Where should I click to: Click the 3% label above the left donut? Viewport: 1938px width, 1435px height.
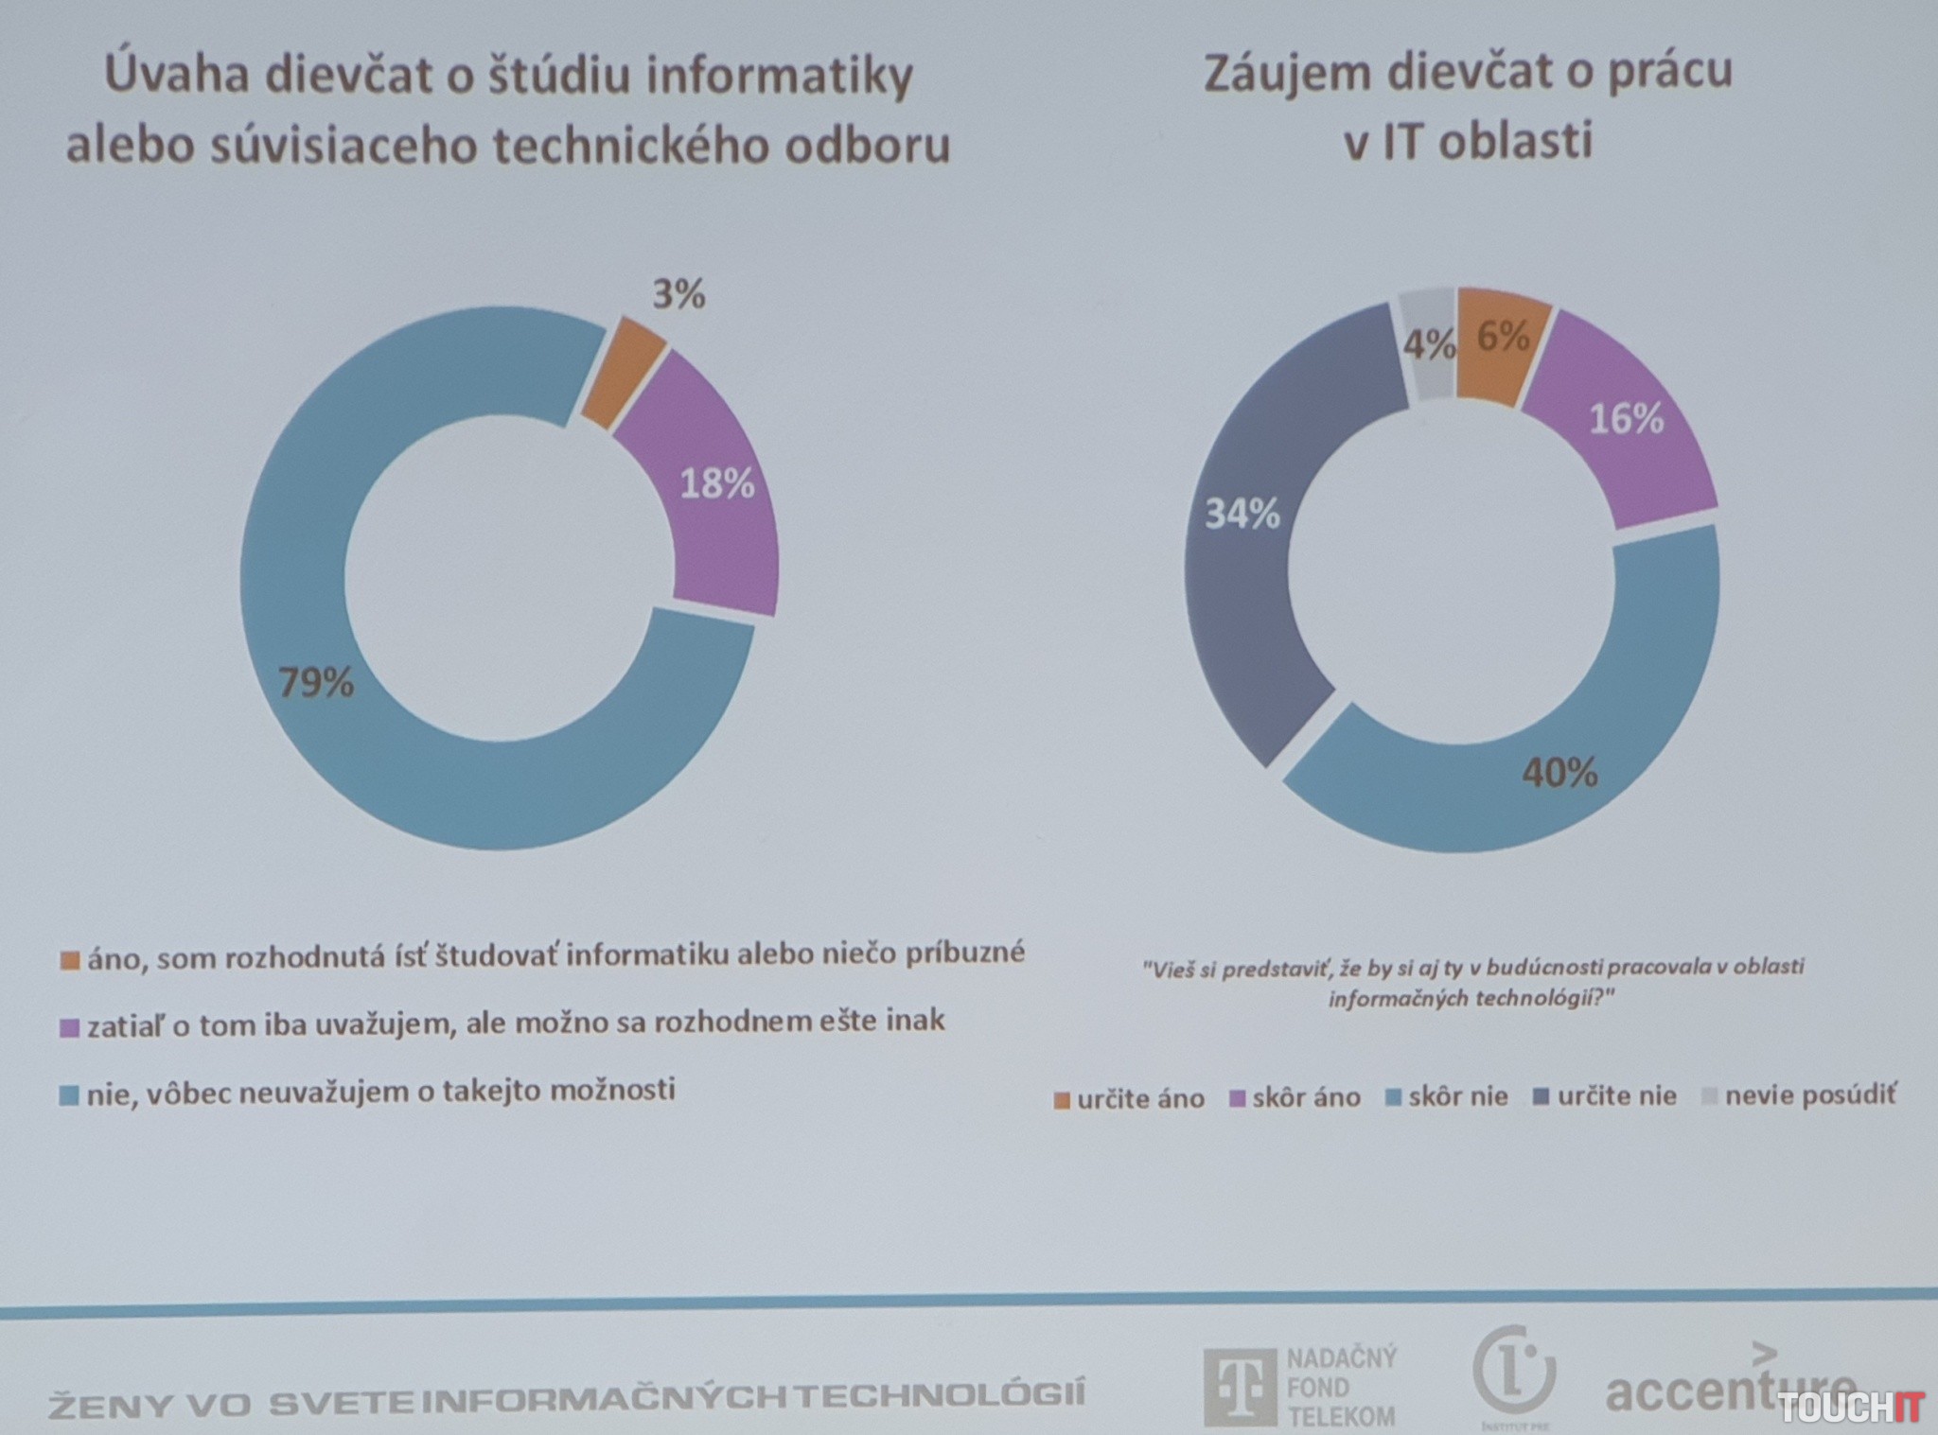(678, 294)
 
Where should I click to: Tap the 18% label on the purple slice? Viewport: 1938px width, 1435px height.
(716, 484)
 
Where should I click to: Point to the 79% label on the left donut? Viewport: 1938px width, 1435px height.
(315, 682)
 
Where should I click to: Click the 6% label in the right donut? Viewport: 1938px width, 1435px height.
(1503, 336)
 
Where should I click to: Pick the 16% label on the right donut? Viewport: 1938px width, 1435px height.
(1626, 419)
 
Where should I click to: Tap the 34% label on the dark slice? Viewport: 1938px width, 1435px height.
(1242, 515)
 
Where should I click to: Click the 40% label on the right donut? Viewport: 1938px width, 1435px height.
(1559, 773)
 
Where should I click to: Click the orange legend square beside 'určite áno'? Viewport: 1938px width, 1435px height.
(1062, 1100)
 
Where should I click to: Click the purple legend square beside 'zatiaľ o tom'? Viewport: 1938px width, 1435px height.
(69, 1028)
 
